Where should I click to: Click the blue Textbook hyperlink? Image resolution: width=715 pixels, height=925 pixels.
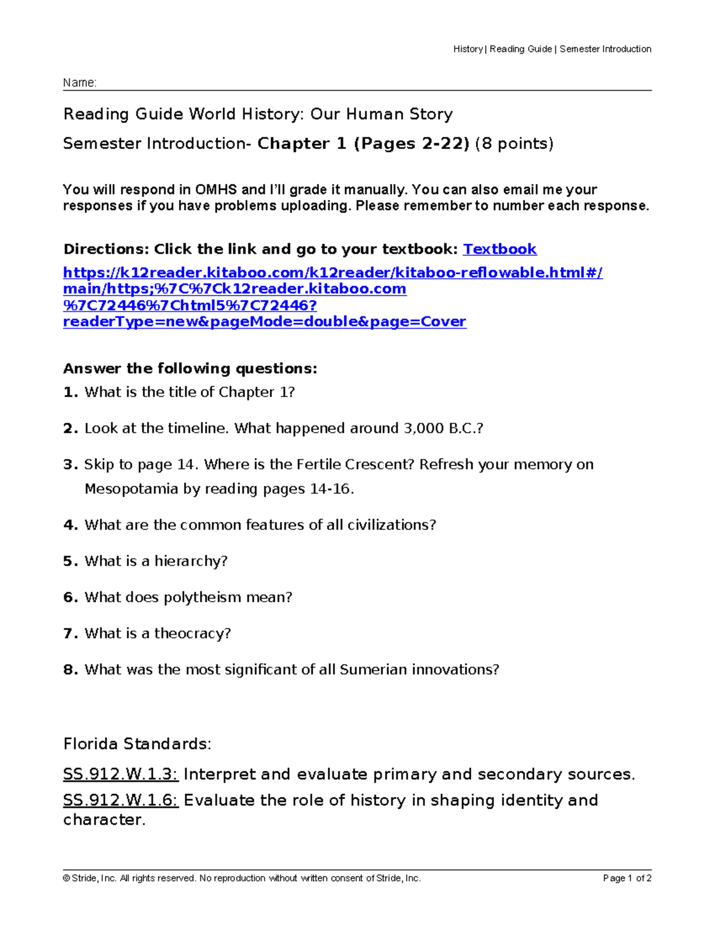pos(499,249)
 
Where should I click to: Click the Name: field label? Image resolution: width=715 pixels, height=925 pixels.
pos(79,83)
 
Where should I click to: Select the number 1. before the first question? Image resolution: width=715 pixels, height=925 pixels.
pos(70,393)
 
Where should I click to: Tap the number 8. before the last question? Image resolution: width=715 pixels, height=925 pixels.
pos(70,670)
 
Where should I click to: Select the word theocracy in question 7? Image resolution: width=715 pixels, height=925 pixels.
pos(192,634)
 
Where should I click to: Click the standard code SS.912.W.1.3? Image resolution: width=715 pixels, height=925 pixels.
pos(120,774)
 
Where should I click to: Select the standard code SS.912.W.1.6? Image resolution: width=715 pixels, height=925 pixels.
pos(120,801)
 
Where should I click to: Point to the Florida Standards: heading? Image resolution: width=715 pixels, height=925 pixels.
pos(137,745)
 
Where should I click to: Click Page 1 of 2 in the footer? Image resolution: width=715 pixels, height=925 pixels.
pos(627,879)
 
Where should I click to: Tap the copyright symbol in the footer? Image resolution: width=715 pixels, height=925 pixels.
pos(66,879)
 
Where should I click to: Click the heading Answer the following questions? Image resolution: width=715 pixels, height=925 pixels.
pos(190,369)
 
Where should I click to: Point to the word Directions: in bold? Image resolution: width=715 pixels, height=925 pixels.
pos(106,249)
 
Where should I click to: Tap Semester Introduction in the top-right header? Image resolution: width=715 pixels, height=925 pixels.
pos(605,49)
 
